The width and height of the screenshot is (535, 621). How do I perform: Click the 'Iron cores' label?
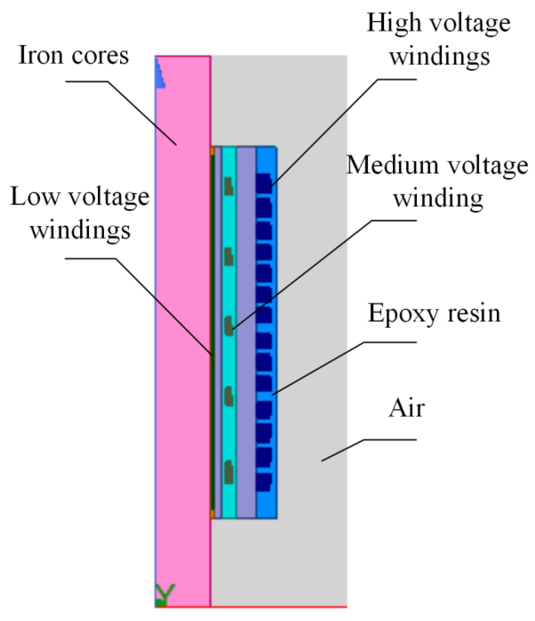[x=73, y=55]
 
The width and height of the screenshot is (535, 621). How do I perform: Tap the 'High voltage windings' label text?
[x=439, y=39]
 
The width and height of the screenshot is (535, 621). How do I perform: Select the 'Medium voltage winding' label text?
[x=437, y=181]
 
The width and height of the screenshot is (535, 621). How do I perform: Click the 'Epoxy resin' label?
[x=434, y=313]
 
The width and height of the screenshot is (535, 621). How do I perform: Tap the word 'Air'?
[x=407, y=408]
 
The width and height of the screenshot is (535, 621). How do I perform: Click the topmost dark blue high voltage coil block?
[x=264, y=181]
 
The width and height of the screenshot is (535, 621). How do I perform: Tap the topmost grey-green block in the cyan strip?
[x=229, y=186]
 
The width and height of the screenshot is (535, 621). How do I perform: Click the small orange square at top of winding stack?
[x=212, y=151]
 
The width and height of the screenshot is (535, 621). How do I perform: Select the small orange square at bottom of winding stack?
[x=212, y=514]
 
